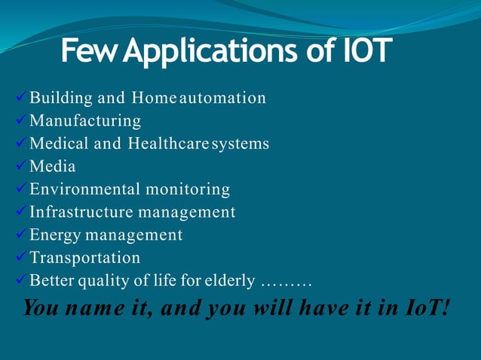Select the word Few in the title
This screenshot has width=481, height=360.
[89, 52]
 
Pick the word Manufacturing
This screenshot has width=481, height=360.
[85, 121]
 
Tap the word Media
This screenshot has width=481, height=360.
[52, 166]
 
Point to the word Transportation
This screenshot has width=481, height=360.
[84, 258]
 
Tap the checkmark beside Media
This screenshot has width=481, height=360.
[21, 165]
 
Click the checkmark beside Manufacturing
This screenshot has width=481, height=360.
[21, 120]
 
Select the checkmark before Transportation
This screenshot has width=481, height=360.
[21, 257]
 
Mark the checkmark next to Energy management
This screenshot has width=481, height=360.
[21, 234]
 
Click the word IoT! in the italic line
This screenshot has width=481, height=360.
[425, 307]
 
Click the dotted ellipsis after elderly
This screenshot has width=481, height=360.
[286, 282]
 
